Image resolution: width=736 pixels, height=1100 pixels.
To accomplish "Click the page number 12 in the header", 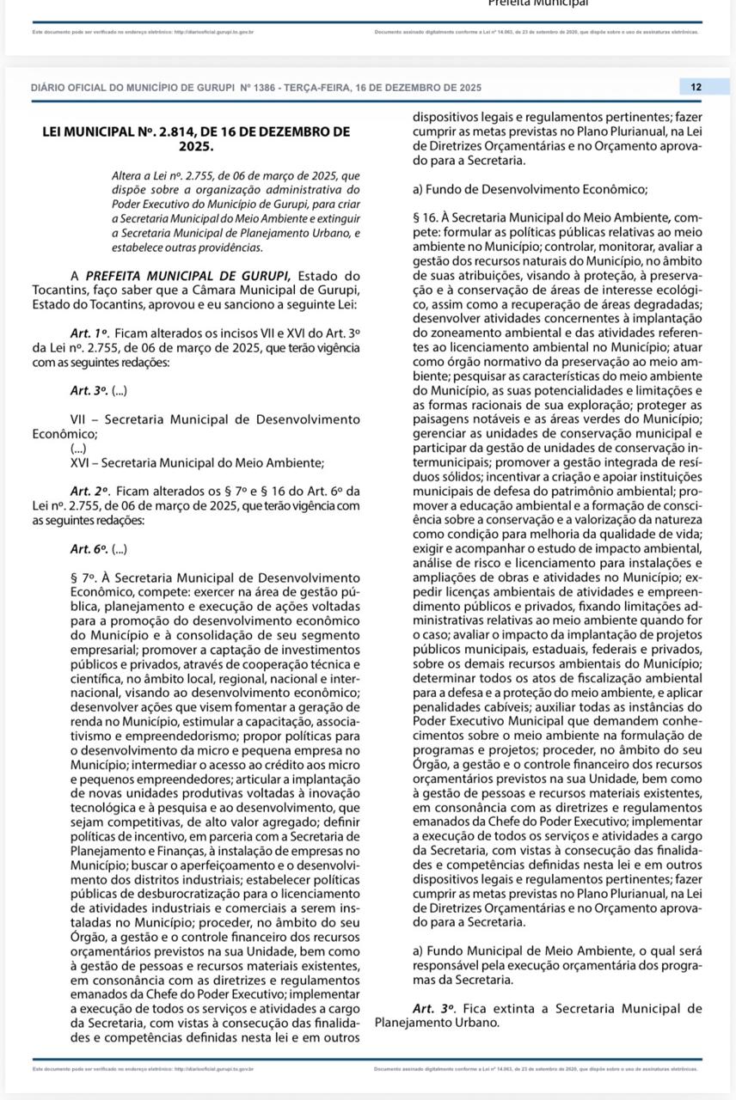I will click(696, 87).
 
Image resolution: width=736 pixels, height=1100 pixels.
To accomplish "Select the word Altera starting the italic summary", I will click(130, 175).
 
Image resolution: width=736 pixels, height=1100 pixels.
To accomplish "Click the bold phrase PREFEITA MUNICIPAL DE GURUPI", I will click(188, 276).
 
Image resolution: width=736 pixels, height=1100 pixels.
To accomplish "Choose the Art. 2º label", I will click(90, 491).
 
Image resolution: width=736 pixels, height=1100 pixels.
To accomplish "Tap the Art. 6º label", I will click(89, 548).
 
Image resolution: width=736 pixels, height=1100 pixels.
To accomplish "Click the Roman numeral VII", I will click(80, 419).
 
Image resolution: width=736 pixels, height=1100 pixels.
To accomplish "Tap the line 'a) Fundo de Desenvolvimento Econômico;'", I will click(531, 189).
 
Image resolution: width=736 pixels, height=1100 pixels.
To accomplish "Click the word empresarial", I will click(107, 649).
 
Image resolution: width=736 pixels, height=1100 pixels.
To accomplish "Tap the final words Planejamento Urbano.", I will click(437, 1023).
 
